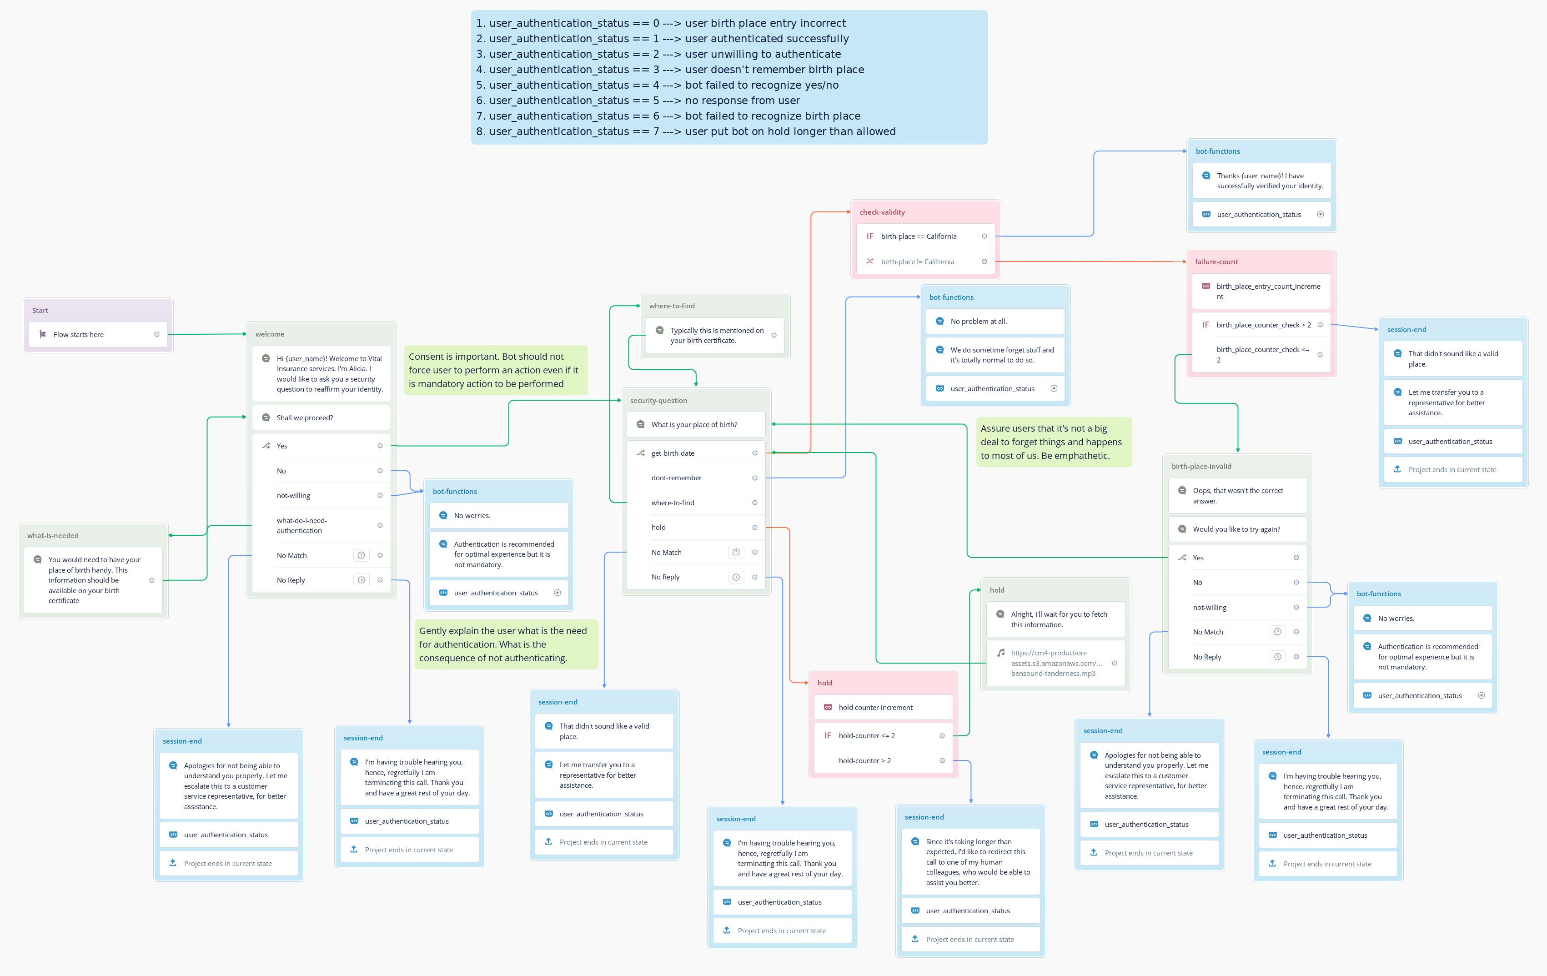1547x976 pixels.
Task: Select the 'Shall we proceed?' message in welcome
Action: [321, 418]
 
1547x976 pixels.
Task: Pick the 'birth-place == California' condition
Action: [925, 236]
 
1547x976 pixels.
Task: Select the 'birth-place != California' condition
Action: [925, 262]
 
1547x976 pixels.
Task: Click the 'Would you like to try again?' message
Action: [1237, 529]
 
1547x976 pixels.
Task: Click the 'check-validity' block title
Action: [882, 212]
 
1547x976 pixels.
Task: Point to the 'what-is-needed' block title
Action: [53, 535]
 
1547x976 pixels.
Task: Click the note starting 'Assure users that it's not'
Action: [1053, 442]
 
